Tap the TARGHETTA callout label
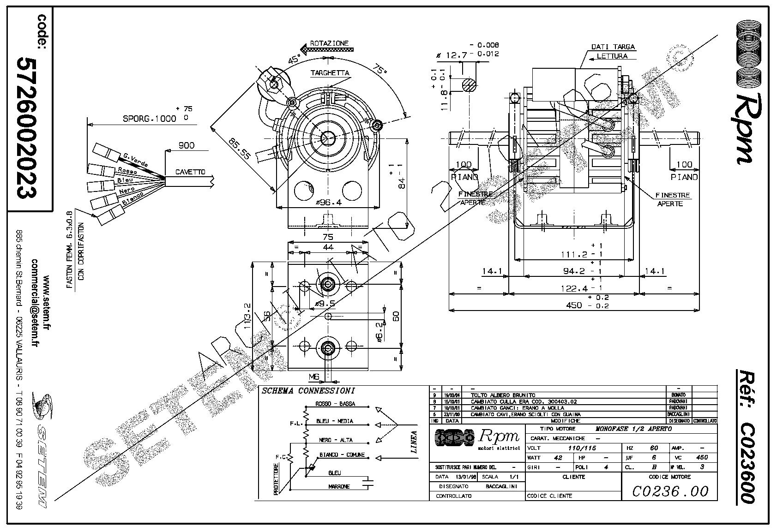point(330,73)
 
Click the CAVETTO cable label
point(190,172)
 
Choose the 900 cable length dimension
point(186,145)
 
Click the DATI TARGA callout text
point(613,47)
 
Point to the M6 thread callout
point(314,377)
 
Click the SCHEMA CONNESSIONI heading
point(308,391)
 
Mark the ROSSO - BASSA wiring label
point(335,404)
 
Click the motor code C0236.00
point(669,491)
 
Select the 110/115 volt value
point(574,448)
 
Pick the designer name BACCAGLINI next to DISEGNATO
point(501,486)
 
